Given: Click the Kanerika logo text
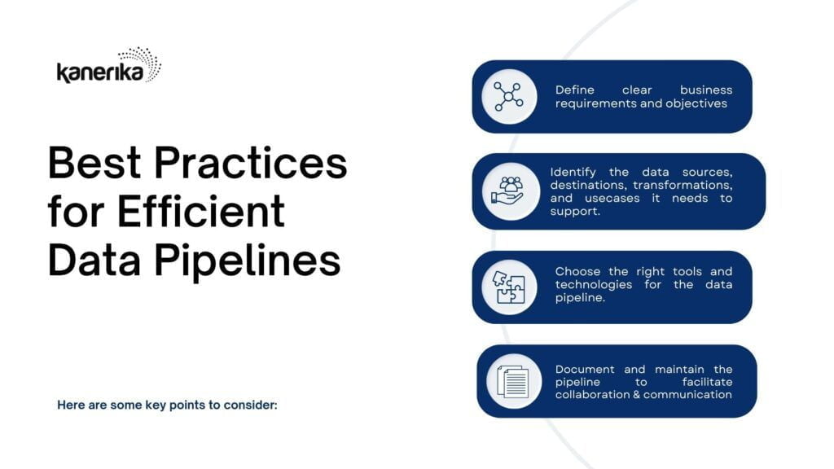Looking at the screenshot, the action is coord(100,72).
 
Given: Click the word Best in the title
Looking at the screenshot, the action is coord(94,162).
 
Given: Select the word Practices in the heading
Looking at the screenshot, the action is coord(251,162).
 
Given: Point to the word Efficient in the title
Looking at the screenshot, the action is coord(201,211).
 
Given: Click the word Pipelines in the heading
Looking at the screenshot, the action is coord(248,261).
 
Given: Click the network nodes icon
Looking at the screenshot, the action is coord(509,96).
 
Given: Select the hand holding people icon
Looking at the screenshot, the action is coord(507,191).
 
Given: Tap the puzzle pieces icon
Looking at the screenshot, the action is coord(508,287).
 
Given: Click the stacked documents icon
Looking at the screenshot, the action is coord(513,381).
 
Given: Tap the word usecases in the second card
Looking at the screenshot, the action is coord(612,199).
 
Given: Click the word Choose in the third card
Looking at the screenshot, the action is coord(577,271).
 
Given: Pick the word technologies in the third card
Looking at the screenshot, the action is coord(594,284).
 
